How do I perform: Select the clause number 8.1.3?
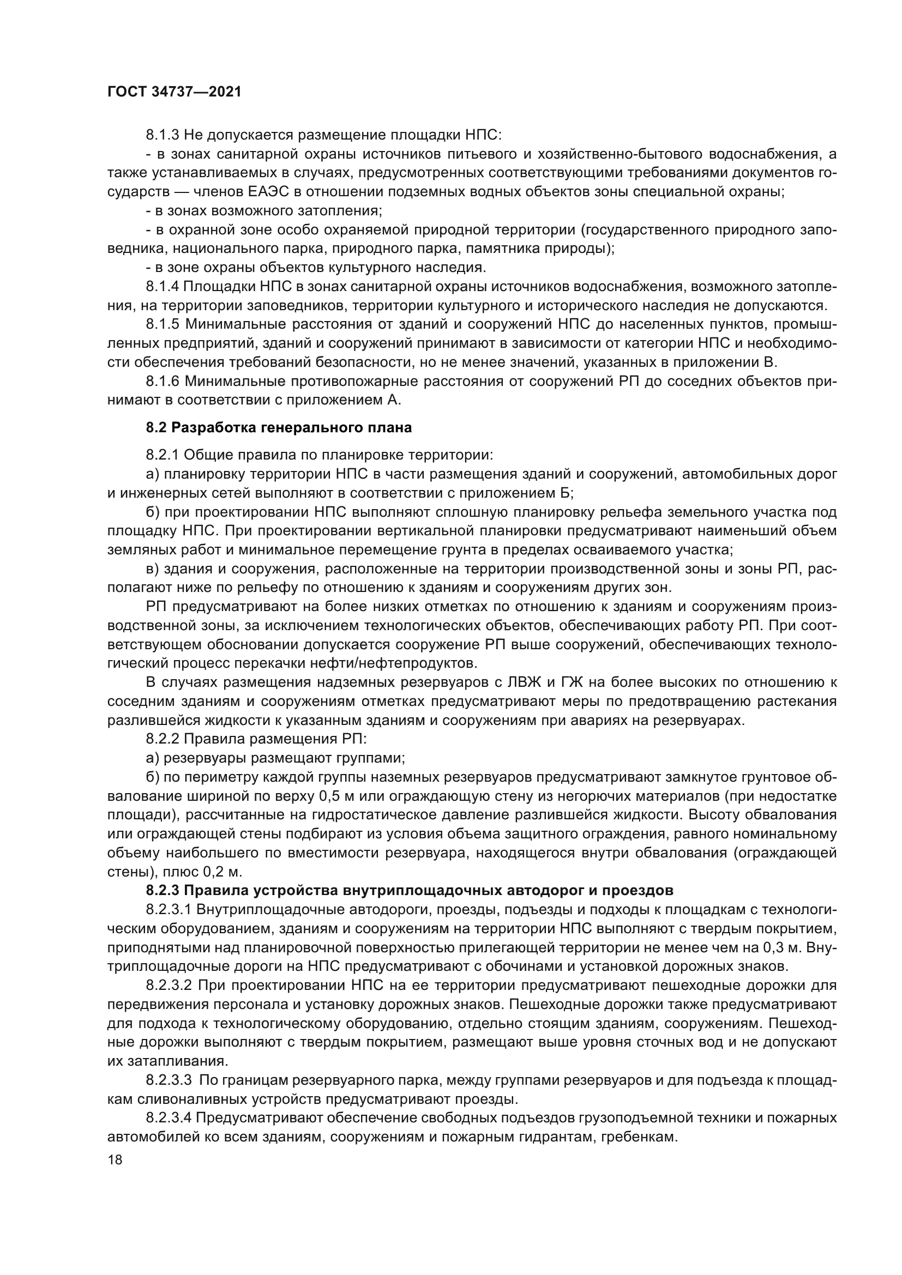click(163, 135)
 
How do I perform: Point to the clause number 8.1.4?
click(163, 287)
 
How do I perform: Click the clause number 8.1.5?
click(163, 324)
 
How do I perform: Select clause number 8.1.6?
click(163, 382)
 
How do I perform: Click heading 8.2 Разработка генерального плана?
click(279, 427)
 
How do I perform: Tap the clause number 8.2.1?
click(163, 455)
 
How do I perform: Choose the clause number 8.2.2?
click(163, 739)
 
